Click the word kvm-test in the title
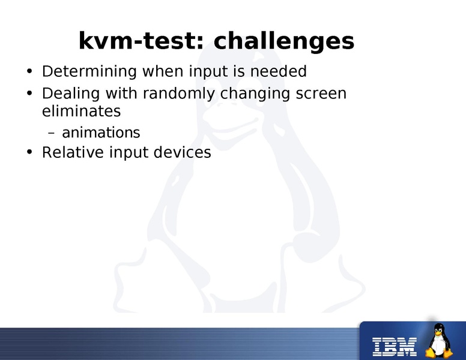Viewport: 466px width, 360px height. pyautogui.click(x=142, y=41)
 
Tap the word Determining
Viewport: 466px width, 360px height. pyautogui.click(x=89, y=72)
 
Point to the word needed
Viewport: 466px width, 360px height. pyautogui.click(x=278, y=71)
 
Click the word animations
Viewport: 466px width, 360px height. pyautogui.click(x=101, y=132)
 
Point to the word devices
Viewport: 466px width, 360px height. pyautogui.click(x=182, y=152)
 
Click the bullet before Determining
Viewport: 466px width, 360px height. pyautogui.click(x=29, y=73)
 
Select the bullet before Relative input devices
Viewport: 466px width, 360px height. pyautogui.click(x=29, y=153)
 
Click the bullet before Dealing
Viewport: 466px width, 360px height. pyautogui.click(x=29, y=95)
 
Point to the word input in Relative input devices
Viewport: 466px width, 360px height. pyautogui.click(x=129, y=153)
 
